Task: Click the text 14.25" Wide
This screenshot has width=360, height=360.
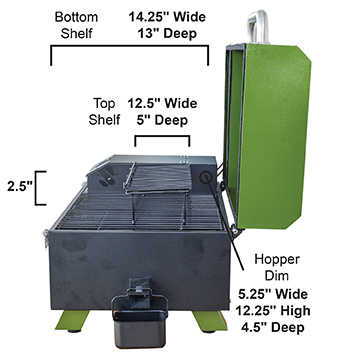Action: (167, 17)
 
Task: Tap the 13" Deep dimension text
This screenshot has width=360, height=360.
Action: (167, 34)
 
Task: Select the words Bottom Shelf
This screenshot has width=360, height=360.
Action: (76, 26)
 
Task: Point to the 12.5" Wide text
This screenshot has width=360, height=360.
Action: (162, 104)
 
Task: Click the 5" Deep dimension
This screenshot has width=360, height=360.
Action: (162, 120)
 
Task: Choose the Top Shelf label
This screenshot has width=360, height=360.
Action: (104, 112)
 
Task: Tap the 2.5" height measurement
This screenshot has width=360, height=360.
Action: (20, 187)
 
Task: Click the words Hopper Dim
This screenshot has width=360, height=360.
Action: (277, 268)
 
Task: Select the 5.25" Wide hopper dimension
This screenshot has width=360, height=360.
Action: (273, 294)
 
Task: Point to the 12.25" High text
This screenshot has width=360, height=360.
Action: (273, 311)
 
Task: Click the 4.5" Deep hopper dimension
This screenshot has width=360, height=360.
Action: (273, 327)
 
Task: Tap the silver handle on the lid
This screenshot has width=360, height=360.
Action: (258, 27)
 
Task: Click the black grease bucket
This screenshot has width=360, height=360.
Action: (140, 318)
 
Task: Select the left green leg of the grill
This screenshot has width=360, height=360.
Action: (72, 321)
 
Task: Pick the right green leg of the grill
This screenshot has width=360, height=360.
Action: (210, 321)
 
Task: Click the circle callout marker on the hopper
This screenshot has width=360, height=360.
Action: (206, 178)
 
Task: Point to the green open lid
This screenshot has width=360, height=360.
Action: (268, 137)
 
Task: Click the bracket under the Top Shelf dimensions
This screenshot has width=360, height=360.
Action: (162, 136)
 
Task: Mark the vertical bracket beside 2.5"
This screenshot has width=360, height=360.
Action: (36, 188)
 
